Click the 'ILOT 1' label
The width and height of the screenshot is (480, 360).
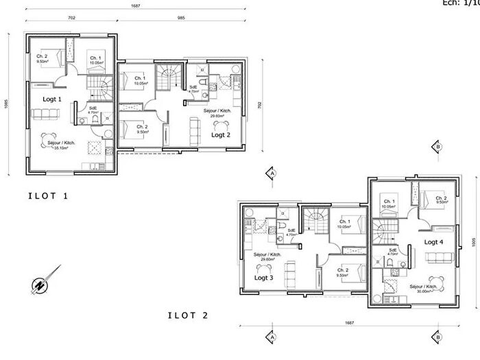(48, 196)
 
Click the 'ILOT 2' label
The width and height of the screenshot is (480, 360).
(189, 315)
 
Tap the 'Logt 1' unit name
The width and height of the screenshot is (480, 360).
(52, 99)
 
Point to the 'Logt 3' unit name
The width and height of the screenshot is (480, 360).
(265, 278)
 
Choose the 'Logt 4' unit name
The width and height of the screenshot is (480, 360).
(434, 242)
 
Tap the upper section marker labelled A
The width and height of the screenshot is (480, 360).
(272, 174)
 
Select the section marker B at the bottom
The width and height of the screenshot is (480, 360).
(435, 337)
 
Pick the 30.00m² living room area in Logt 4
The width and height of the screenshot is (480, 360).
(423, 290)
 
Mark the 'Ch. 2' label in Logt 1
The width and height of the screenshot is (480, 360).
(42, 56)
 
